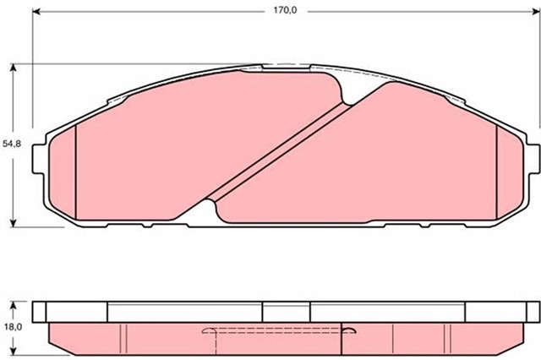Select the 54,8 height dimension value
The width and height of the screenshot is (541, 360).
click(11, 145)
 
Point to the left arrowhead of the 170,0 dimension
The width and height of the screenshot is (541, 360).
click(36, 13)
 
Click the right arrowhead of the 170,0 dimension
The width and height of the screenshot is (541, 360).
click(533, 13)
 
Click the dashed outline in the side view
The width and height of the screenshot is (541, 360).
click(279, 332)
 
